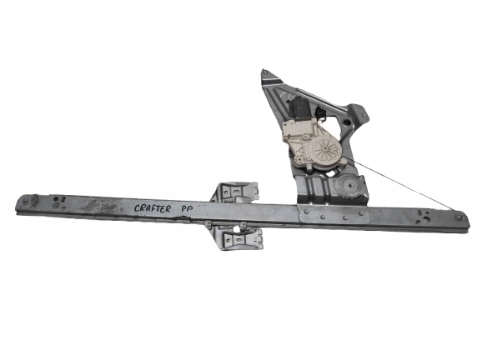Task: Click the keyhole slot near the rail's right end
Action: tap(424, 216)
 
